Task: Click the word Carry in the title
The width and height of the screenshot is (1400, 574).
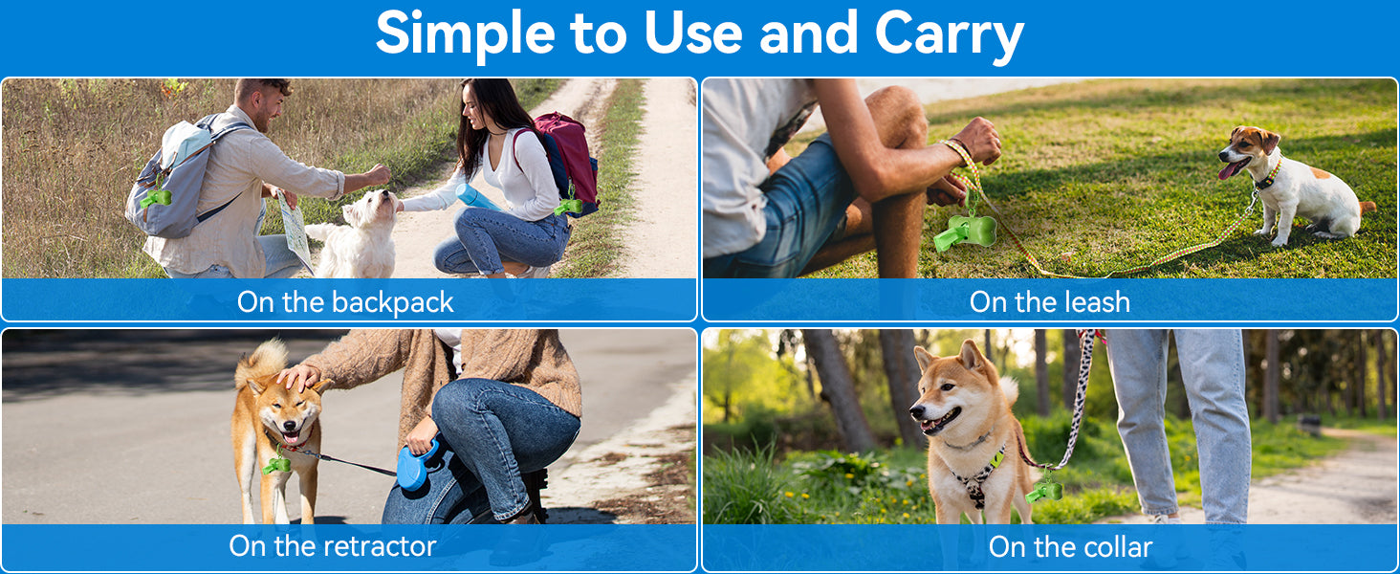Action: (x=949, y=34)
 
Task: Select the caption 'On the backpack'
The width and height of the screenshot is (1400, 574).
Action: (x=345, y=302)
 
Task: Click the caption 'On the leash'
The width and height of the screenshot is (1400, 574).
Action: (x=1049, y=302)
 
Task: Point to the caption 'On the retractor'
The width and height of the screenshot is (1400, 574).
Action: (x=333, y=546)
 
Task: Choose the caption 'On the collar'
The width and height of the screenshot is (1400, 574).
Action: (x=1070, y=547)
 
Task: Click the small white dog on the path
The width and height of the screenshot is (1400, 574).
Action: (x=360, y=235)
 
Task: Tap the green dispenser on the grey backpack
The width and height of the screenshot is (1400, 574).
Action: (x=156, y=198)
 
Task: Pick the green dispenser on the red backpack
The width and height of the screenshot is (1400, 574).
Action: (x=568, y=206)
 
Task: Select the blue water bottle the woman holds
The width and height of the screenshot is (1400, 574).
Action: (x=477, y=197)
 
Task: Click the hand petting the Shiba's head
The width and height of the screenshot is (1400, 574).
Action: (x=300, y=378)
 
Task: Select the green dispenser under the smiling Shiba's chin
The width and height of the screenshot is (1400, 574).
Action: (x=276, y=465)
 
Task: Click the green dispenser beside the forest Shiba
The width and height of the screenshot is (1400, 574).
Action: (x=1043, y=491)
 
